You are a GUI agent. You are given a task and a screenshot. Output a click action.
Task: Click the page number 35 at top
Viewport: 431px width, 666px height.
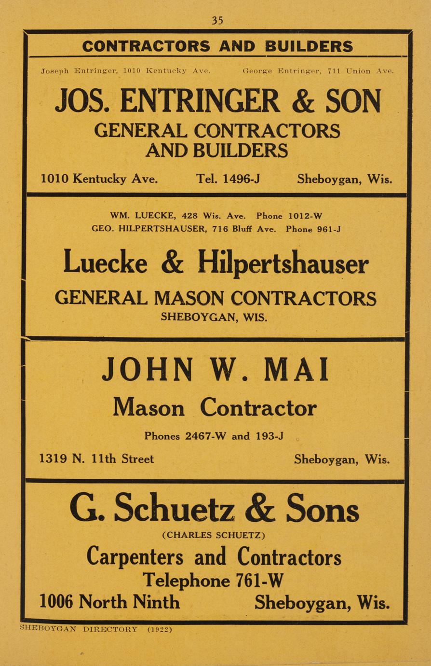[217, 20]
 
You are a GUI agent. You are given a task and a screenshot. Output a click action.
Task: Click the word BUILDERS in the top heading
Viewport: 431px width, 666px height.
[309, 46]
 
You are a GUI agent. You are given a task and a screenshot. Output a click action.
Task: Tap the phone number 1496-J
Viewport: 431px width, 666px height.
[242, 179]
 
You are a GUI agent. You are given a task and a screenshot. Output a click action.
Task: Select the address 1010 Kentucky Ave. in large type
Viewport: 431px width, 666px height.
[99, 179]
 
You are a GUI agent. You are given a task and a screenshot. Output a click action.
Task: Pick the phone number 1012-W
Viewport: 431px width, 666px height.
[305, 216]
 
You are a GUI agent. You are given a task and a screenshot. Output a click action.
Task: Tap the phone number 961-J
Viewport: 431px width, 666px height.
[328, 229]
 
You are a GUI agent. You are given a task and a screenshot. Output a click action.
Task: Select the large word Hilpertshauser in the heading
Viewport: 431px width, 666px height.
[283, 264]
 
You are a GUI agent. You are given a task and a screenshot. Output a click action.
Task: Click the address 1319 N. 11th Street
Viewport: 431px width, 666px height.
[96, 459]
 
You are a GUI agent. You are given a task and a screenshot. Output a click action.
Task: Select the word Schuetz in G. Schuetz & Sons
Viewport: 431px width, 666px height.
[174, 509]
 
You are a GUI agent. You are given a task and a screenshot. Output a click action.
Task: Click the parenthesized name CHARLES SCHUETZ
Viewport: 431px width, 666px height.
[214, 535]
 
